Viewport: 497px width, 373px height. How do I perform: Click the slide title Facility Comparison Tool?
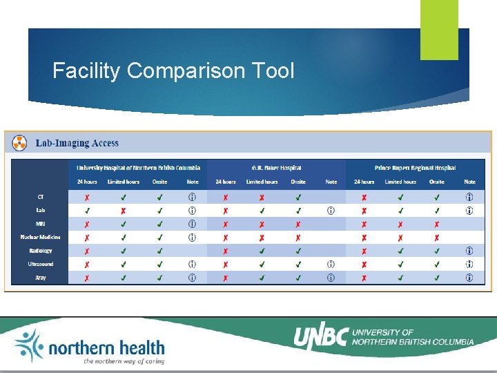pos(173,70)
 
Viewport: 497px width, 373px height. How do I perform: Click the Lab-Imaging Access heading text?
pos(76,143)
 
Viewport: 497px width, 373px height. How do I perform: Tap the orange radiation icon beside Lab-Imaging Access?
pos(21,143)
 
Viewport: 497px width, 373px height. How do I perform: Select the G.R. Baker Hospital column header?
pos(276,168)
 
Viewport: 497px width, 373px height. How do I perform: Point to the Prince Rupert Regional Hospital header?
pos(415,168)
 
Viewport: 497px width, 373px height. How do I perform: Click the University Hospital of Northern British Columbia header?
pos(138,168)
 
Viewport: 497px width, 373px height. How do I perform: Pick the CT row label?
pos(41,197)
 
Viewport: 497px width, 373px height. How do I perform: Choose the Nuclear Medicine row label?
pos(41,237)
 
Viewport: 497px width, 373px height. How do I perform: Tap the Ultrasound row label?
pos(41,264)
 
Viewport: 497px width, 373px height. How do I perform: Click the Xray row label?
pos(41,278)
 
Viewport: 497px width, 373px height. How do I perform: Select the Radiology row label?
pos(41,251)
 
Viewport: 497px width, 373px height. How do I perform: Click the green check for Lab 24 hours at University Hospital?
pos(87,211)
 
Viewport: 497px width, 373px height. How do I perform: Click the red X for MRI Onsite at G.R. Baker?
pos(298,224)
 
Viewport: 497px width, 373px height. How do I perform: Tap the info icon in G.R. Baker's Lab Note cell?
pos(331,211)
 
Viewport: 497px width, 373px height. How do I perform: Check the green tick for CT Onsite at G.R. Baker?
pos(298,197)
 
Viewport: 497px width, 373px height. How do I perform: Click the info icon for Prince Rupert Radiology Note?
pos(469,251)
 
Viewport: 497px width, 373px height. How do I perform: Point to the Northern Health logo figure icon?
pos(28,345)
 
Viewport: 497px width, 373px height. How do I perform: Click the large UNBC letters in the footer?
pos(320,337)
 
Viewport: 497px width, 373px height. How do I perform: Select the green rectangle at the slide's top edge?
pos(439,29)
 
